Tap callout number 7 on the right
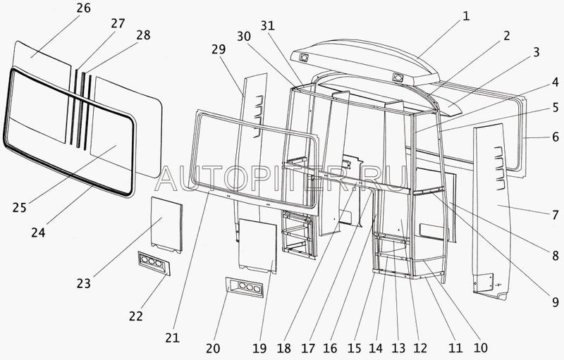pyautogui.click(x=555, y=212)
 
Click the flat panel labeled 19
pyautogui.click(x=257, y=245)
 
